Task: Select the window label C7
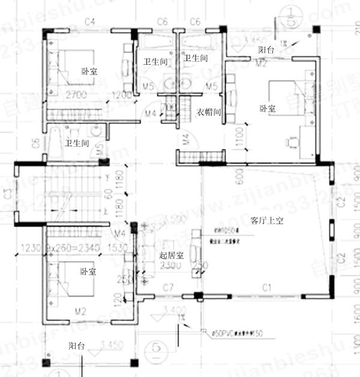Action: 169,289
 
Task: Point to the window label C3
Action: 7,193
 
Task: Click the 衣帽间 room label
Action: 209,111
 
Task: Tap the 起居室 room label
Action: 171,255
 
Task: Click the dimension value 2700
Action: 77,95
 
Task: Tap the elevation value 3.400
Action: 173,310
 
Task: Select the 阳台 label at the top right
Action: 266,50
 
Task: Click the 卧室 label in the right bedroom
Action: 268,108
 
